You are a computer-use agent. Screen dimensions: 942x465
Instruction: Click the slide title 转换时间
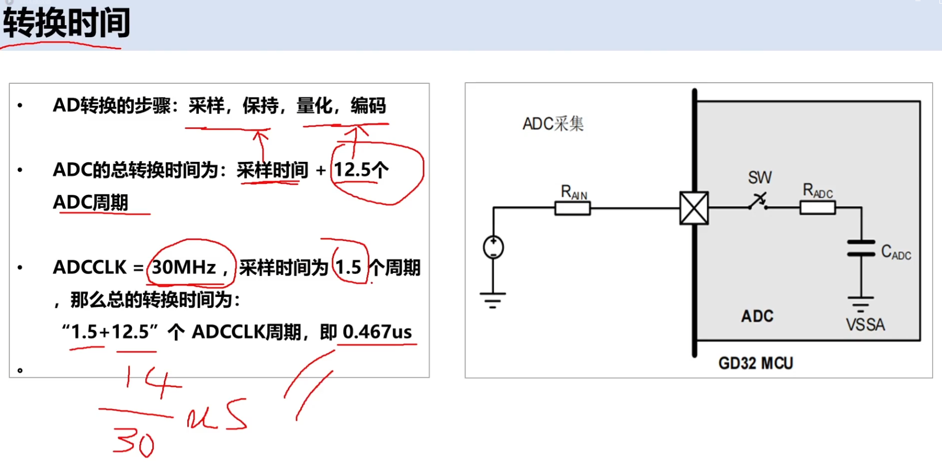[x=66, y=23]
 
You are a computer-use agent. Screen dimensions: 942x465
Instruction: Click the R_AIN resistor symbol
[x=572, y=208]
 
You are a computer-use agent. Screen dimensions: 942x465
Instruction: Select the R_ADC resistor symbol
[x=818, y=208]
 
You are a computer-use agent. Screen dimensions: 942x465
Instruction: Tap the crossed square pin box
[x=694, y=208]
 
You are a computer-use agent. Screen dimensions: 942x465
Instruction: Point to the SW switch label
[x=759, y=178]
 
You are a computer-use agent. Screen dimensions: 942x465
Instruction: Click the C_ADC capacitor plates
[x=861, y=248]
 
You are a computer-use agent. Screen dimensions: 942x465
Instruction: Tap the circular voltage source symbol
[x=493, y=247]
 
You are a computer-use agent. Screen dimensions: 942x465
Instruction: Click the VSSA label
[x=866, y=325]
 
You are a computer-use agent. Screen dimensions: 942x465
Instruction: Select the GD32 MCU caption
[x=756, y=363]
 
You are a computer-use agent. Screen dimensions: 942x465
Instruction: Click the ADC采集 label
[x=553, y=124]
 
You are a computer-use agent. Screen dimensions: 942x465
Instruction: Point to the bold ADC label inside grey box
[x=757, y=316]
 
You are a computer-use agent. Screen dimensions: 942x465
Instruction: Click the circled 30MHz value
[x=184, y=268]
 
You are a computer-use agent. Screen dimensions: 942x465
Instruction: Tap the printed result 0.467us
[x=377, y=332]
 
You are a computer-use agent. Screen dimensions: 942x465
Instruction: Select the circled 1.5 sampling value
[x=349, y=268]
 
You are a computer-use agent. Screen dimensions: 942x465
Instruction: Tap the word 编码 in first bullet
[x=368, y=106]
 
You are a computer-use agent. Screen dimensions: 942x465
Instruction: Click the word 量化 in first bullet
[x=314, y=106]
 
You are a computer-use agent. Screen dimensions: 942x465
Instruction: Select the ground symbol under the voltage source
[x=493, y=300]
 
